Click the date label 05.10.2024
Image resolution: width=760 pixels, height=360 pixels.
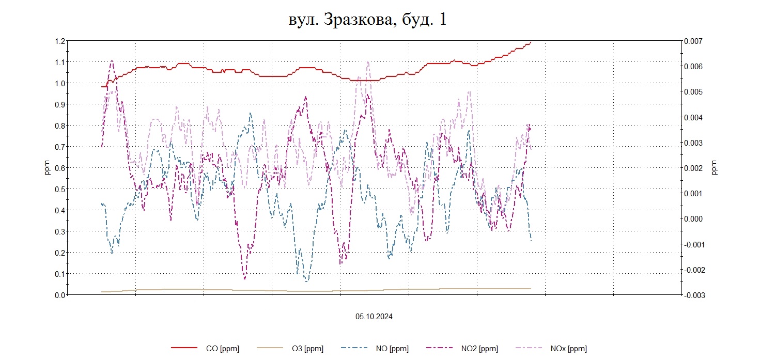pos(374,317)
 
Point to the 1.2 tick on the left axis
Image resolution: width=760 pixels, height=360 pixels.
pos(59,41)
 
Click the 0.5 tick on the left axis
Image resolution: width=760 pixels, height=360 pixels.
pos(59,189)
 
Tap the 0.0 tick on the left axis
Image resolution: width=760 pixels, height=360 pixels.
pos(59,295)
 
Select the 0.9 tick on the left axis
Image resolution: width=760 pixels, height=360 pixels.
pos(59,104)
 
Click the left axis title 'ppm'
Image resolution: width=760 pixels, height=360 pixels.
pos(47,167)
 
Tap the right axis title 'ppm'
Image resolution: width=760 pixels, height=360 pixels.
pos(715,167)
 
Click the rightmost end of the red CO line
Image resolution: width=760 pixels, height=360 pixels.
pos(531,42)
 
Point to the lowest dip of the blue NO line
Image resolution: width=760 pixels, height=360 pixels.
pos(307,281)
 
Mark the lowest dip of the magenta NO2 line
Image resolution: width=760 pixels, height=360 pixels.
pos(244,279)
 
